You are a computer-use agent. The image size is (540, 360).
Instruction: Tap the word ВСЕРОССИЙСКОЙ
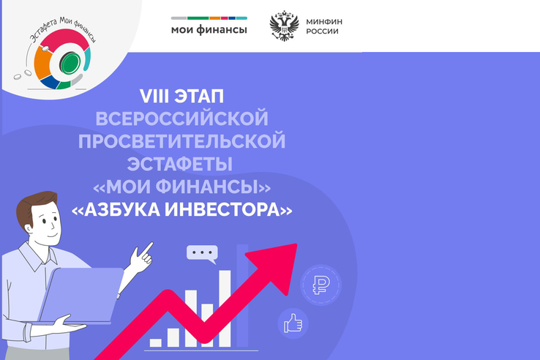coord(183,118)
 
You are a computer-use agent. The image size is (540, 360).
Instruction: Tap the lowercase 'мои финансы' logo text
coord(209,30)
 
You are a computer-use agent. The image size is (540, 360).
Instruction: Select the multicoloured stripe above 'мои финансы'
coord(209,18)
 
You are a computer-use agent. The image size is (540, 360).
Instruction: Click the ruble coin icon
coord(320,285)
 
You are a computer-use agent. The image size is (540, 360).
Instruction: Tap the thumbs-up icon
coord(293,323)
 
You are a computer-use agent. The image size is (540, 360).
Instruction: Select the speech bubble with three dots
coord(201,254)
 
